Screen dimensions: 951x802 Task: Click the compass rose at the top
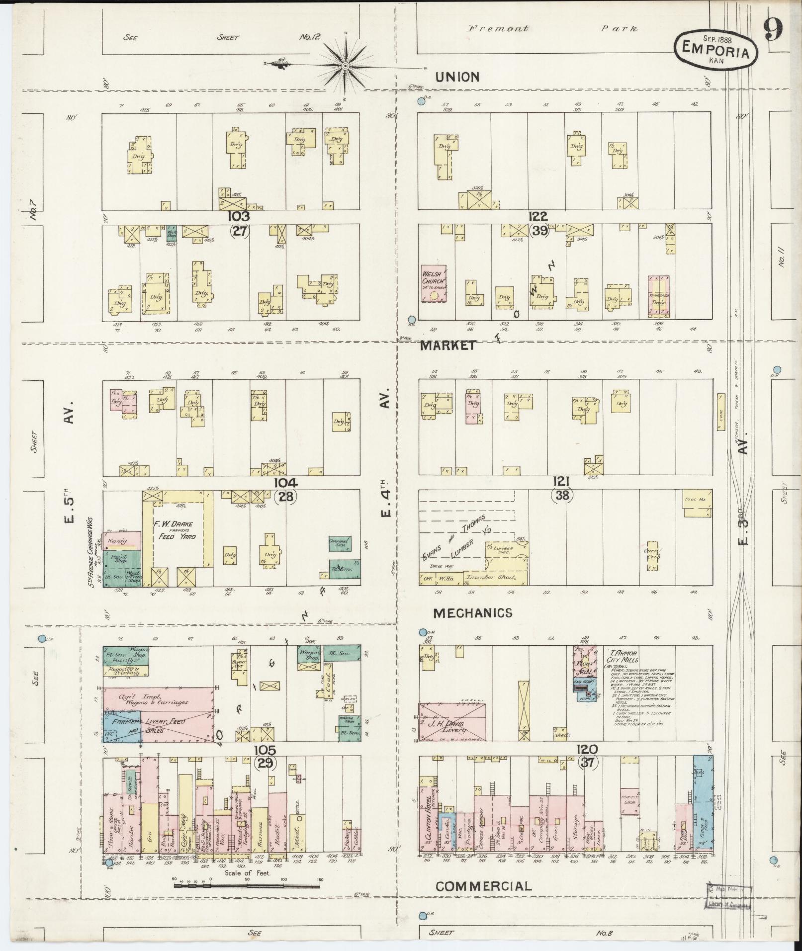[x=345, y=65]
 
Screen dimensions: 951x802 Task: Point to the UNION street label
[x=457, y=77]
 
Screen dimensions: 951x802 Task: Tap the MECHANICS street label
[x=472, y=613]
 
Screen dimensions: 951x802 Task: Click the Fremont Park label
[x=552, y=29]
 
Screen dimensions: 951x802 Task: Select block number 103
[x=239, y=216]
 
